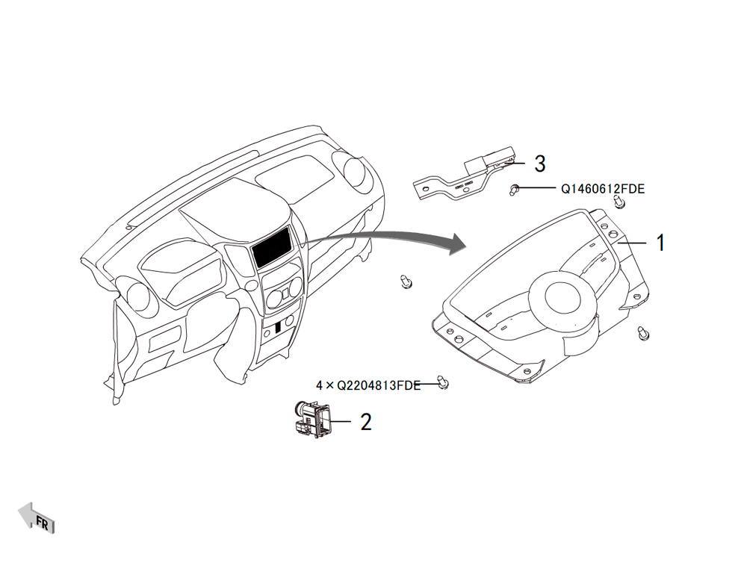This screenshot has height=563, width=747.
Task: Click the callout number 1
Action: [660, 243]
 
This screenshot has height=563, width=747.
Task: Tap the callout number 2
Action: [365, 422]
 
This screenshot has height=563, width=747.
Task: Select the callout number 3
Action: [539, 164]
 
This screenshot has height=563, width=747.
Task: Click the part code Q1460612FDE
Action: [603, 189]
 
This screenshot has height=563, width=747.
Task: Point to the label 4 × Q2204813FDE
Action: [368, 385]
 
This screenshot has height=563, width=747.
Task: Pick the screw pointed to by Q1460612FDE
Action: [514, 190]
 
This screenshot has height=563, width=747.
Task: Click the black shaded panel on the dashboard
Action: [272, 247]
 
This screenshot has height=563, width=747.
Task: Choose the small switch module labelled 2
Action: [311, 419]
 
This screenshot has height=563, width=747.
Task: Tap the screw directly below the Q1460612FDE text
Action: [619, 201]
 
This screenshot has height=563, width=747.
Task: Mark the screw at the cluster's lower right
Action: [643, 334]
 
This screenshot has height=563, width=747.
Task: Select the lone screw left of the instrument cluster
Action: [406, 281]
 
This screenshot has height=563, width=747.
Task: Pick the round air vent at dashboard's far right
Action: [353, 172]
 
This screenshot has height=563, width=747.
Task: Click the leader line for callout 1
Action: [632, 243]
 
